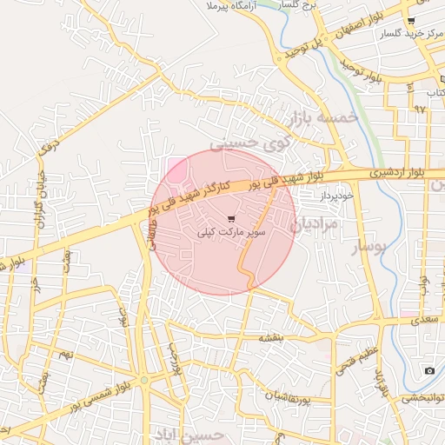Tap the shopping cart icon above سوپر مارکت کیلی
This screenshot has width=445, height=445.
point(231,219)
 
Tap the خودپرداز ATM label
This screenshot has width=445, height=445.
point(330,198)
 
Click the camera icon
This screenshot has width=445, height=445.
point(428,371)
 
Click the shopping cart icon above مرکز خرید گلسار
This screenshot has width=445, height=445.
point(410,21)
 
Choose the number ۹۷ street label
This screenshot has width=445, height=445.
point(420,110)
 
